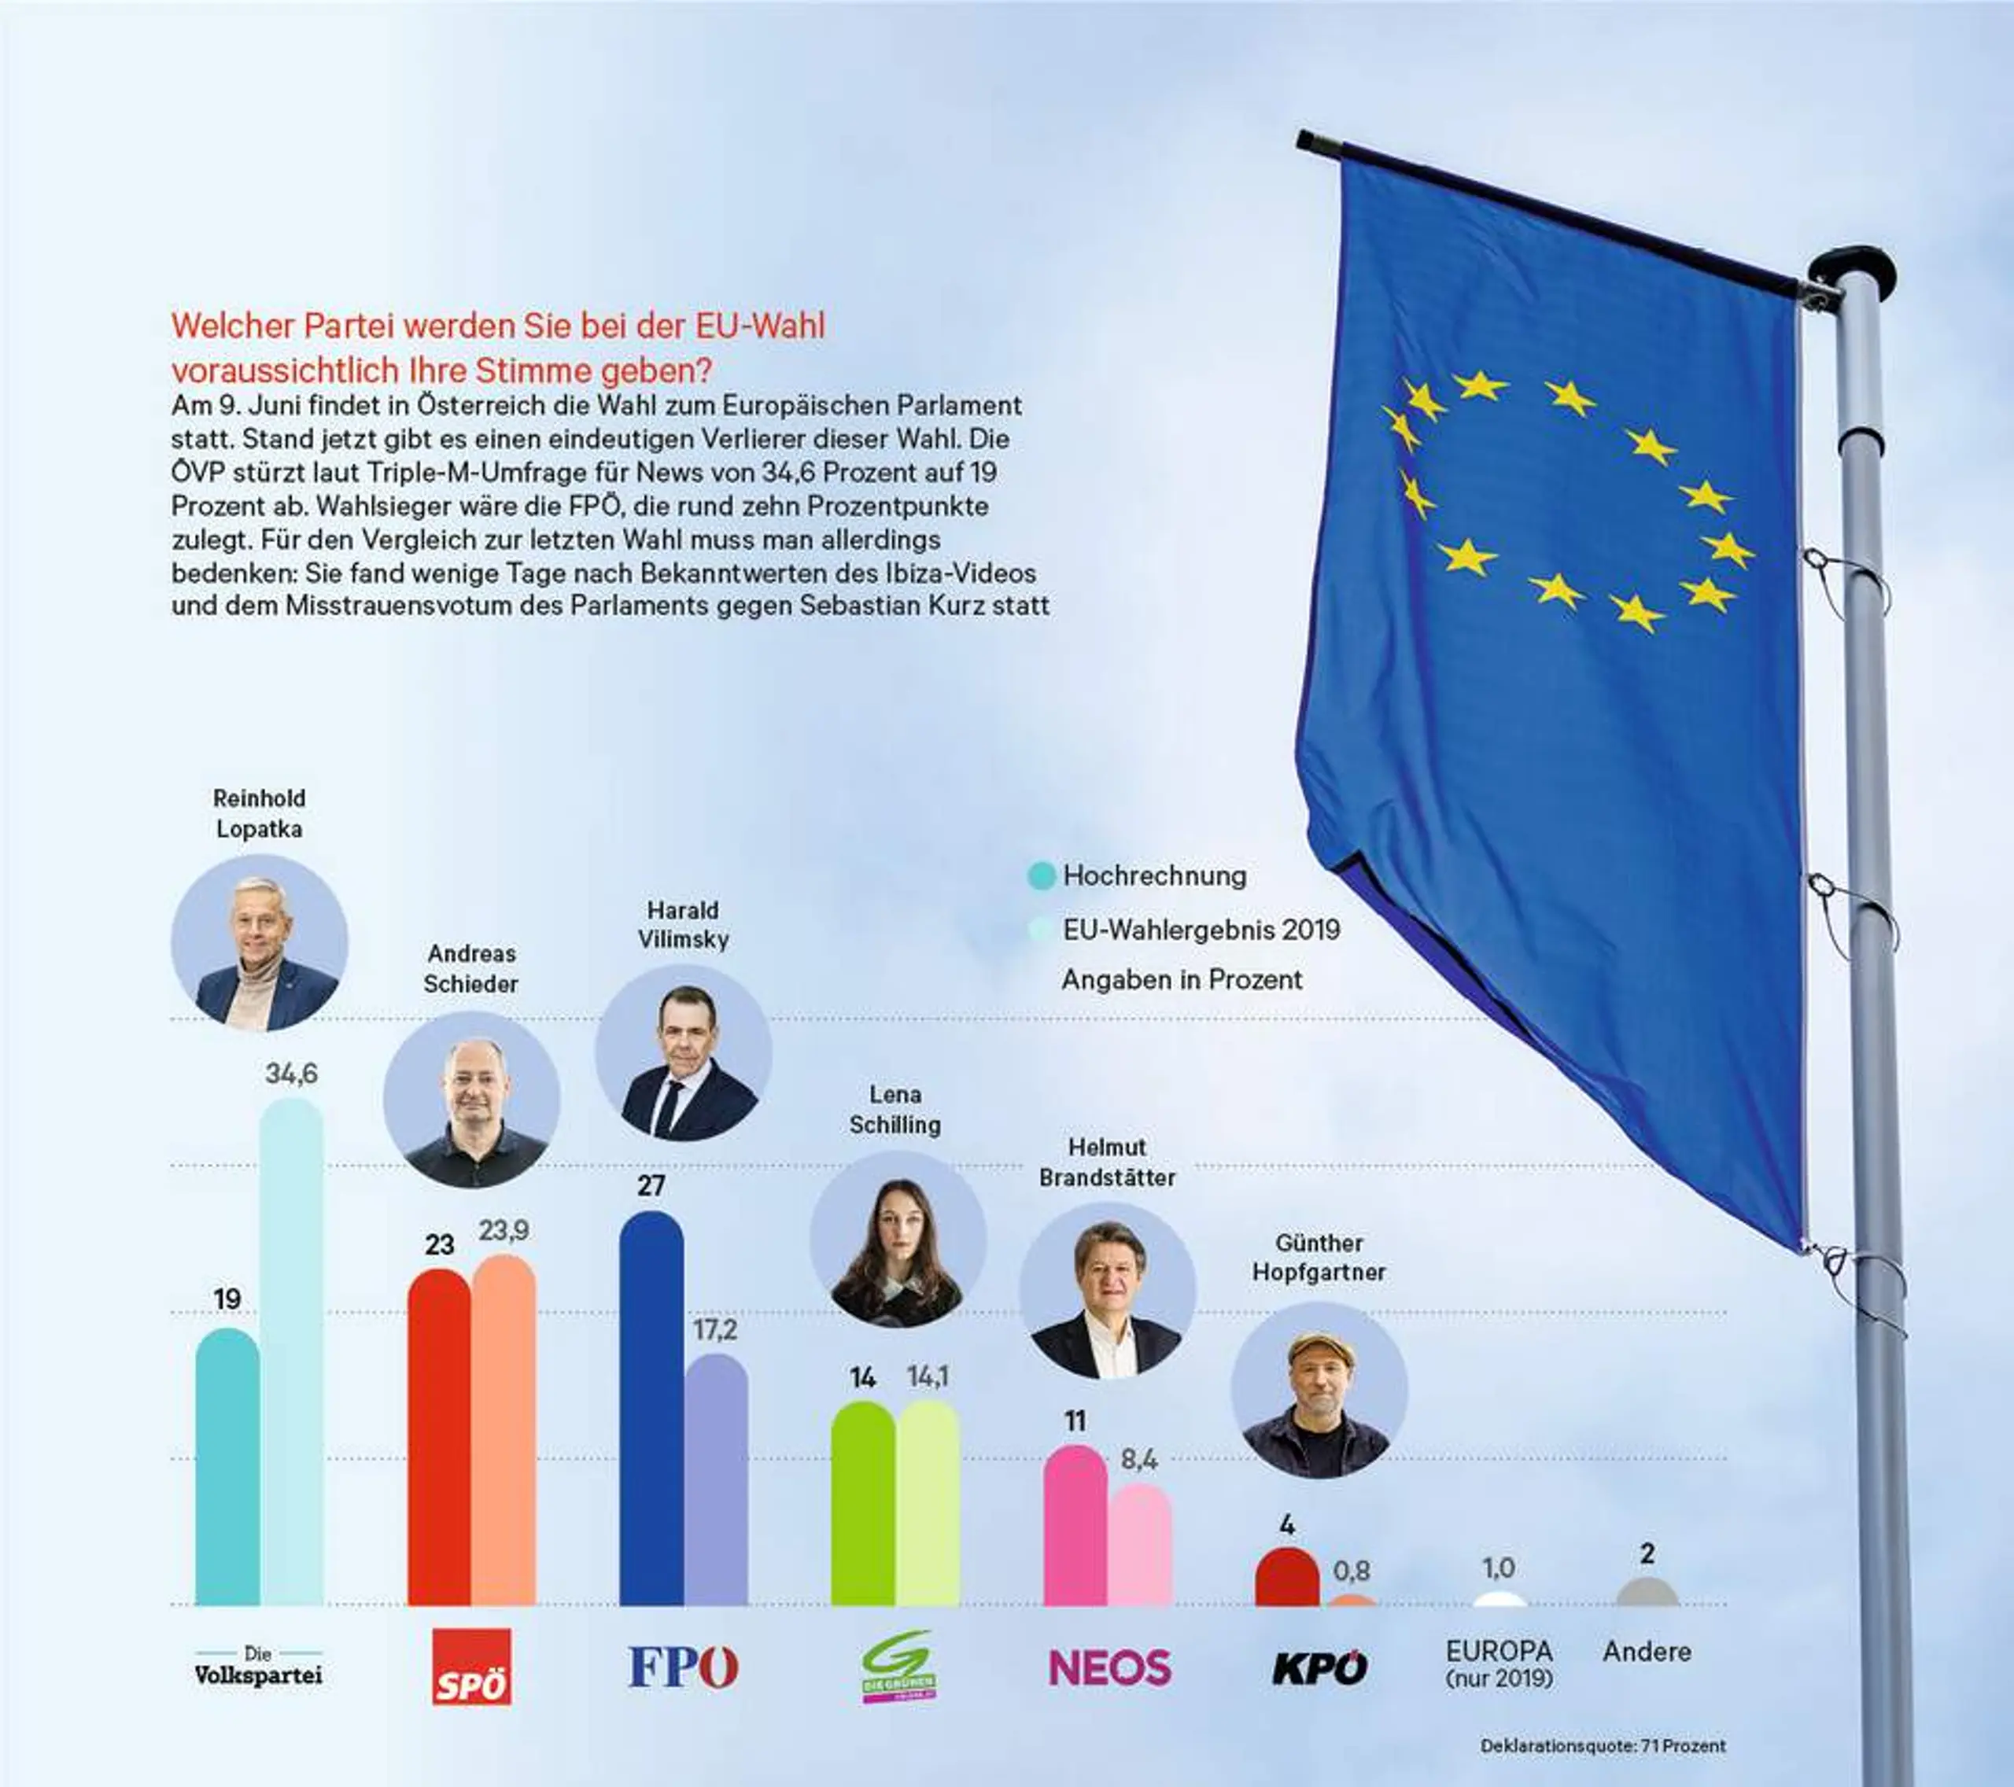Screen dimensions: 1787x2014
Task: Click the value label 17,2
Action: (x=714, y=1330)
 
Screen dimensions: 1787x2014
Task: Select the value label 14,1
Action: (x=928, y=1376)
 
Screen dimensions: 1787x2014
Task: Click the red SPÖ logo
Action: (x=472, y=1667)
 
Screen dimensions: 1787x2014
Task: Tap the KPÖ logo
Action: (x=1319, y=1667)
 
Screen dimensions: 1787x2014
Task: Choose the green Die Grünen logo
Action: (x=897, y=1666)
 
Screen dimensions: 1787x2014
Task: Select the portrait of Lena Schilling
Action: (x=897, y=1238)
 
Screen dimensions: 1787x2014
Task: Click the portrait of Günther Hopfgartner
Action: (x=1319, y=1389)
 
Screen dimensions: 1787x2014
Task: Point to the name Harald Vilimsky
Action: (x=683, y=924)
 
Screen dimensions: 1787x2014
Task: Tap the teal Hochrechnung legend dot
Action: (x=1041, y=875)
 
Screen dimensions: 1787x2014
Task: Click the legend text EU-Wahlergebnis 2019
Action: (x=1200, y=930)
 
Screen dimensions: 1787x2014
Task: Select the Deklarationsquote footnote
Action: (x=1602, y=1745)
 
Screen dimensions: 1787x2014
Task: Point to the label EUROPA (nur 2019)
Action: (x=1499, y=1664)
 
